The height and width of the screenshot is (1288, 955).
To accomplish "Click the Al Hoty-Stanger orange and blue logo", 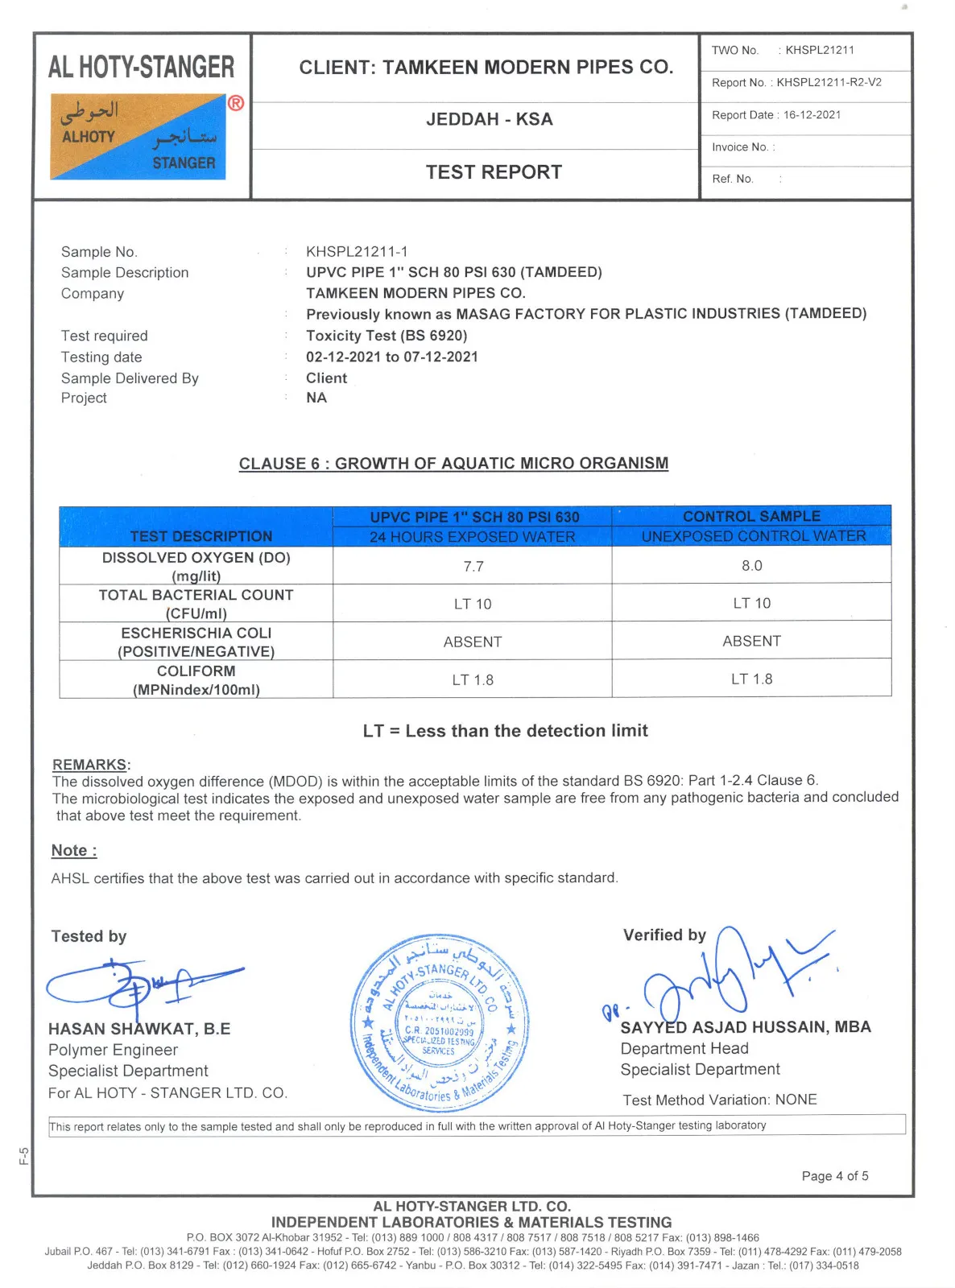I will [x=138, y=136].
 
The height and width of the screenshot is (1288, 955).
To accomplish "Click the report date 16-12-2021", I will [x=812, y=115].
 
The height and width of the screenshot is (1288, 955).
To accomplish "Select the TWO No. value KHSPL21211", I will [x=820, y=50].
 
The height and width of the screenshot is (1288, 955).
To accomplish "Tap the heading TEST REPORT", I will [x=494, y=172].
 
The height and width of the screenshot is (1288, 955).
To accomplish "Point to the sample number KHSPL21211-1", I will [x=357, y=252].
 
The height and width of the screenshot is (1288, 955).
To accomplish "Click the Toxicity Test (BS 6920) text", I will [x=387, y=336].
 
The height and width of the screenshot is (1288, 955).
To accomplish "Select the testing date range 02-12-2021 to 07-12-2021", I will [x=392, y=357].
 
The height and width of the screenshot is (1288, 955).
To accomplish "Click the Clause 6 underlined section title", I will [x=453, y=464].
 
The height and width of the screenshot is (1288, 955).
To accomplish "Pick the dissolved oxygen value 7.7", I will [x=473, y=567].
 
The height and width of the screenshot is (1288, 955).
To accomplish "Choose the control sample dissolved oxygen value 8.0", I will [x=752, y=566].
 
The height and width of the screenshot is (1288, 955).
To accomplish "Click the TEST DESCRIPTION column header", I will [x=201, y=536].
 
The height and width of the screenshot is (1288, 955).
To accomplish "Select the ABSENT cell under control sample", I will [x=752, y=642].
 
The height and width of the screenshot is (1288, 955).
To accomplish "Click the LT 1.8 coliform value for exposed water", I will [x=473, y=680].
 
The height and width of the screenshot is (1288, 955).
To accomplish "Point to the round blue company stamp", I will [x=440, y=1022].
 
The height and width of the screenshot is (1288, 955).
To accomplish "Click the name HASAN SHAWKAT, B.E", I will [x=139, y=1029].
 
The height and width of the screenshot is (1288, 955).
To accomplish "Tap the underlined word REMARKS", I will [x=89, y=765].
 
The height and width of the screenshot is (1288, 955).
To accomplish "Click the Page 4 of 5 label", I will [x=835, y=1176].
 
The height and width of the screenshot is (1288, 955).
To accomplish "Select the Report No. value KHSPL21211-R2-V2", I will [x=829, y=83].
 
